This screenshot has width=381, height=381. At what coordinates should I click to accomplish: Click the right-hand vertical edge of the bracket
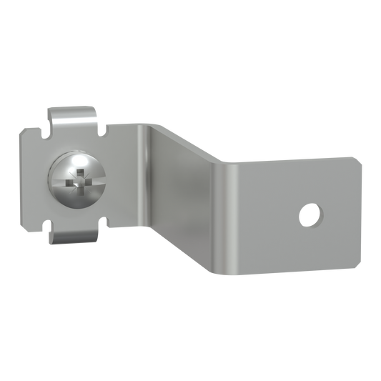pyautogui.click(x=360, y=207)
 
